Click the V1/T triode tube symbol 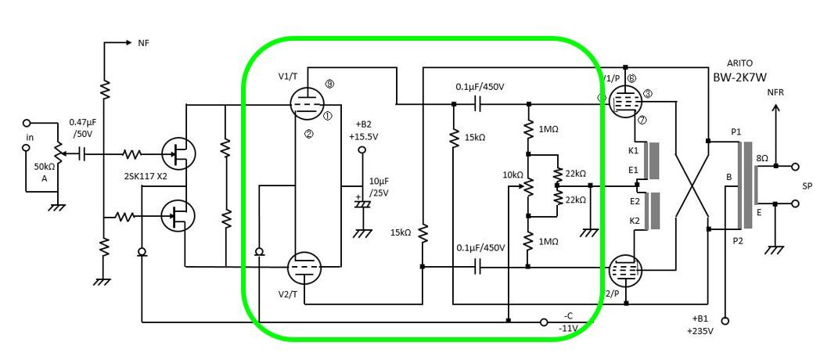pos(306,103)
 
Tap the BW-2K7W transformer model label pos(737,77)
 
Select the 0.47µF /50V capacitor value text pos(83,128)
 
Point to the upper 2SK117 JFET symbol pos(177,153)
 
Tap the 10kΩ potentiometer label pos(513,175)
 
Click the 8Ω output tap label pos(761,158)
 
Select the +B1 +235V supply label pos(697,325)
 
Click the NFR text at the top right pos(776,91)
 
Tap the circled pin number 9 pos(329,84)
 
